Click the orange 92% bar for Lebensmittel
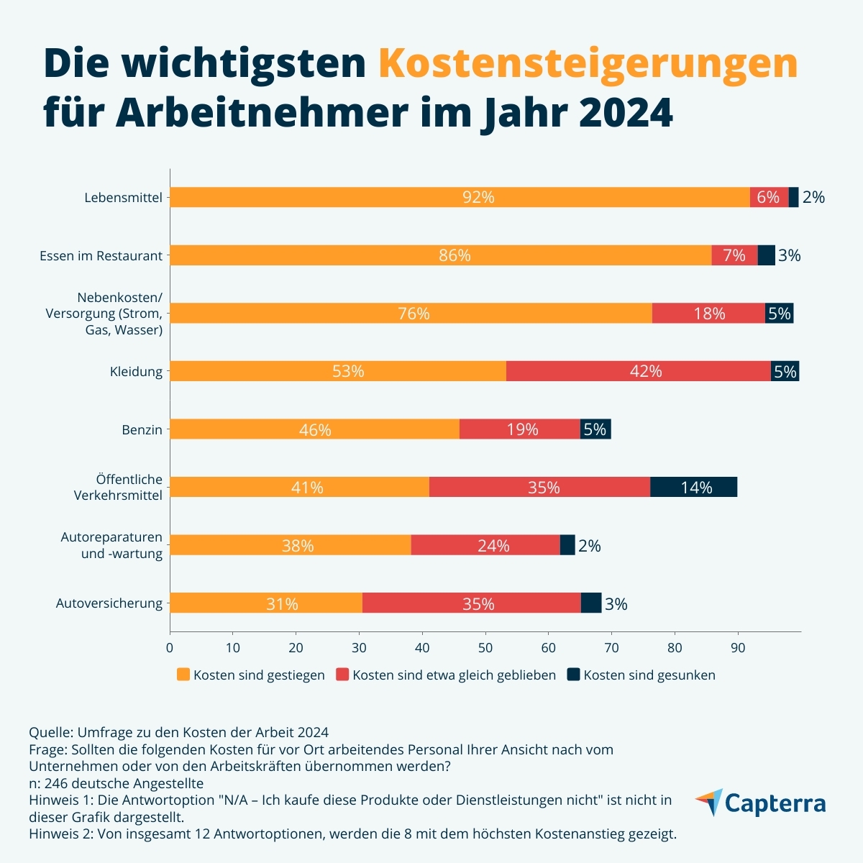(459, 197)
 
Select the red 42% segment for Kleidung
(638, 371)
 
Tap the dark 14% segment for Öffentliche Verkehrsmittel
(693, 488)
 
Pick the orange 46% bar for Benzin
(314, 429)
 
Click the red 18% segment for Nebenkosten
(708, 314)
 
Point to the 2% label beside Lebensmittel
(813, 197)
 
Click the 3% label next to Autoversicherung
(616, 604)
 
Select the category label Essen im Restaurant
(101, 256)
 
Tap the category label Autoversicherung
(109, 603)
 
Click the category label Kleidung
(136, 372)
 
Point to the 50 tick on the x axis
(485, 647)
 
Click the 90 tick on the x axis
(738, 647)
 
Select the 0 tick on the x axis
(170, 647)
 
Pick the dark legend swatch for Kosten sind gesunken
(573, 675)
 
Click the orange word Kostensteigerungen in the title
(588, 63)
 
